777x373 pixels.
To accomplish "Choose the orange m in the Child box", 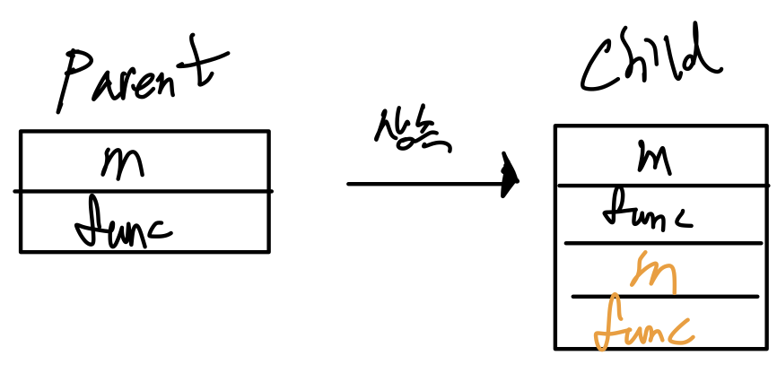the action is [x=653, y=271].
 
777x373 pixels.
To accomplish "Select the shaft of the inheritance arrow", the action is [x=422, y=184].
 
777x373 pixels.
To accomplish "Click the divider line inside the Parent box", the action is [x=144, y=191].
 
